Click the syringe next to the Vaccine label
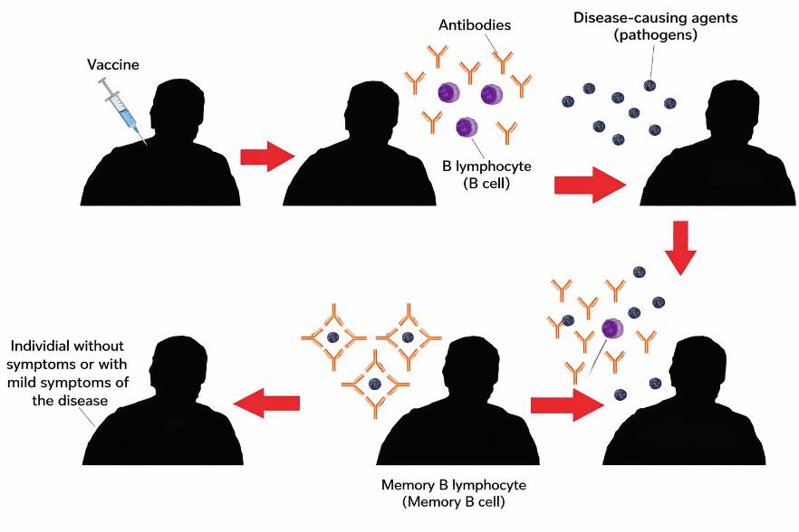click(x=121, y=109)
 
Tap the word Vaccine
click(x=113, y=64)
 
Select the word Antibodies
click(x=475, y=25)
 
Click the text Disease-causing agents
click(x=655, y=18)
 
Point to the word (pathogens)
click(x=655, y=35)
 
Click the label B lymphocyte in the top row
click(x=486, y=166)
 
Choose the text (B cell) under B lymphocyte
click(x=486, y=184)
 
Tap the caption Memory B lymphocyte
click(x=454, y=485)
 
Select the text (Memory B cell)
click(x=454, y=502)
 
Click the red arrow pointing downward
click(x=680, y=249)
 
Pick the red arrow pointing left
click(x=266, y=404)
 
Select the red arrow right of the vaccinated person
click(x=268, y=157)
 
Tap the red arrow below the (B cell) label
click(x=590, y=185)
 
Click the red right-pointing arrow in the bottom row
click(x=567, y=405)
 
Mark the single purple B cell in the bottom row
click(x=612, y=328)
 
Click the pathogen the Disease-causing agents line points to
click(x=650, y=86)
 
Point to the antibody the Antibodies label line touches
click(x=503, y=62)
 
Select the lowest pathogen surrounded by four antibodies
click(x=375, y=384)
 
